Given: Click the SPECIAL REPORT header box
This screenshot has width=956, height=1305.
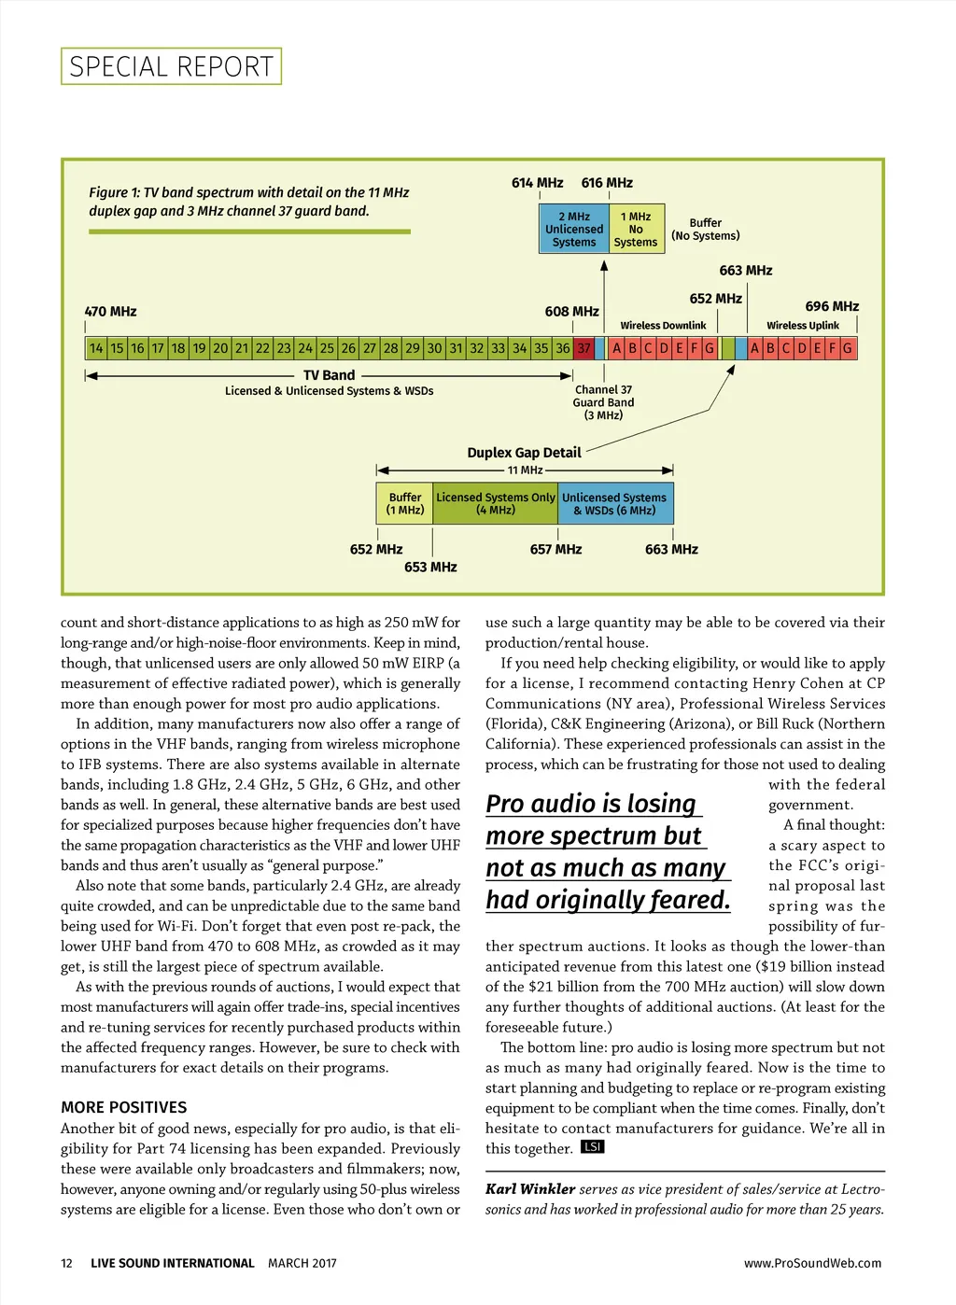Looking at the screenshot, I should pyautogui.click(x=172, y=66).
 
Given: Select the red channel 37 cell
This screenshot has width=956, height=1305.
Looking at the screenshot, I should pyautogui.click(x=584, y=348).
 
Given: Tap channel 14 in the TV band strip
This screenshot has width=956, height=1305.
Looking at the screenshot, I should pyautogui.click(x=96, y=348).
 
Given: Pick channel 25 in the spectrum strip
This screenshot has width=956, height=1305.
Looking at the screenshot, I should pyautogui.click(x=327, y=348).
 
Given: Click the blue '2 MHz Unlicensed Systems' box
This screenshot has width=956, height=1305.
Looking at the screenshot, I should pyautogui.click(x=574, y=229).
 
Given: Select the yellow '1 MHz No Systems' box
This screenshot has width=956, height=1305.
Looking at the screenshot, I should pyautogui.click(x=636, y=229).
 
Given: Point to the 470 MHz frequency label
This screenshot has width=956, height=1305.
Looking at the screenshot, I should pyautogui.click(x=110, y=312).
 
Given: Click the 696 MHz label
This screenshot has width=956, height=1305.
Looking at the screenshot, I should pyautogui.click(x=832, y=306).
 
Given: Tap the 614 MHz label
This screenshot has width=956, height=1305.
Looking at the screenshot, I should pyautogui.click(x=537, y=183).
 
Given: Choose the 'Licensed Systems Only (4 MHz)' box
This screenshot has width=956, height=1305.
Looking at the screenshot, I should pyautogui.click(x=496, y=504).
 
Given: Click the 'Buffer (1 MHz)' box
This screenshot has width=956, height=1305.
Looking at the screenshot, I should pyautogui.click(x=405, y=504).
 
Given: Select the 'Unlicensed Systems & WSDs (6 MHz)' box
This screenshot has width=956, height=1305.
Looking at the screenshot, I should pyautogui.click(x=614, y=504).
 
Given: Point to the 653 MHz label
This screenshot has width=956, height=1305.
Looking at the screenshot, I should pyautogui.click(x=430, y=568).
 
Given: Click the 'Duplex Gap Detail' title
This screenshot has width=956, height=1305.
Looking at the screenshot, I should pyautogui.click(x=524, y=453).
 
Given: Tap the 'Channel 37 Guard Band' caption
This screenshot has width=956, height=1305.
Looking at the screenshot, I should pyautogui.click(x=603, y=402).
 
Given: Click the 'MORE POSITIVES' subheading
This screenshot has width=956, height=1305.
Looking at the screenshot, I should pyautogui.click(x=124, y=1107).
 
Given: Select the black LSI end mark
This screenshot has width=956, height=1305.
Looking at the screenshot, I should pyautogui.click(x=592, y=1146).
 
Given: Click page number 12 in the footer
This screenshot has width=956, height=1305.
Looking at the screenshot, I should pyautogui.click(x=66, y=1263).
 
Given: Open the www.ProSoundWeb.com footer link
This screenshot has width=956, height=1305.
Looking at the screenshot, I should pyautogui.click(x=812, y=1263).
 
